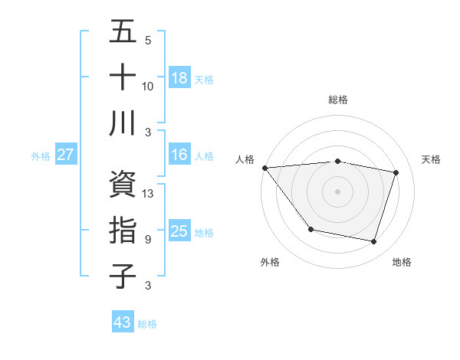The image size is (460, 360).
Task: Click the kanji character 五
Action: (x=123, y=32)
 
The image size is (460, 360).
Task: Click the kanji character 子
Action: (x=123, y=276)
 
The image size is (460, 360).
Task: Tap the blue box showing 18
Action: (x=179, y=78)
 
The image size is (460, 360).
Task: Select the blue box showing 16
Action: (x=179, y=155)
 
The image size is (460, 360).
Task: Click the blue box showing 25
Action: (x=179, y=231)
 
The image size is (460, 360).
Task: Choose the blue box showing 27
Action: (x=65, y=155)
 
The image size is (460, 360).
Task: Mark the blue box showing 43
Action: (x=123, y=322)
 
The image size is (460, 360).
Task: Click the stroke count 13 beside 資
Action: (x=149, y=194)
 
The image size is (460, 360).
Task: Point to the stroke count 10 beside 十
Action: (x=148, y=87)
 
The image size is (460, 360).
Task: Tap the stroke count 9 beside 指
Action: (x=148, y=240)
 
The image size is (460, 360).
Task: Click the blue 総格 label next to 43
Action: (x=148, y=324)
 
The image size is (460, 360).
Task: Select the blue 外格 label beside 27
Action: (x=41, y=156)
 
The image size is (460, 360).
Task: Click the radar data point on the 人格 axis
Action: (x=264, y=168)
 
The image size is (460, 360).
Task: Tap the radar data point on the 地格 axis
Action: (x=373, y=242)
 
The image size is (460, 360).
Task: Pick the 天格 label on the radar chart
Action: (x=432, y=159)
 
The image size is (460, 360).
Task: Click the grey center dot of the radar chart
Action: (x=337, y=191)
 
